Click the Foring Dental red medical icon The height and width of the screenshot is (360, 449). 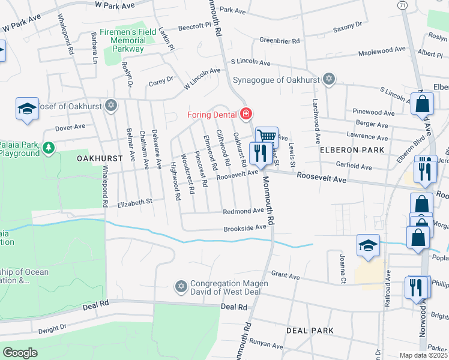pyautogui.click(x=246, y=113)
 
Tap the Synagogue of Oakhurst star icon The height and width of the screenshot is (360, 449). pyautogui.click(x=328, y=79)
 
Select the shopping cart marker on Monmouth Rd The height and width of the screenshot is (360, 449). pyautogui.click(x=267, y=137)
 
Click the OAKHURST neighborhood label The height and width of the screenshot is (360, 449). pyautogui.click(x=100, y=158)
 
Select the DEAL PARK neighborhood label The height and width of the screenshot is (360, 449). pyautogui.click(x=310, y=331)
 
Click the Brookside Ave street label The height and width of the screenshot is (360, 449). pyautogui.click(x=244, y=228)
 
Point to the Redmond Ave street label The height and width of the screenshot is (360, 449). pyautogui.click(x=243, y=211)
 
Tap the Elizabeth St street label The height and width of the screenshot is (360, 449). pyautogui.click(x=135, y=203)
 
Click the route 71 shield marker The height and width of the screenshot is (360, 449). pyautogui.click(x=402, y=4)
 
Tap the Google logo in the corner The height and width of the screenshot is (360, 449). pyautogui.click(x=19, y=353)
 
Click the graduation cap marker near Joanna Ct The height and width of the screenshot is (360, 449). pyautogui.click(x=368, y=245)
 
